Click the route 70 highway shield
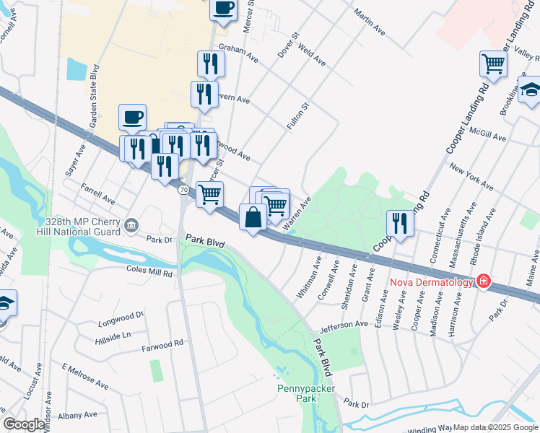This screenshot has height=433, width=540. pos(184,189)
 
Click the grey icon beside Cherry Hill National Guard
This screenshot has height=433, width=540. pos(131,226)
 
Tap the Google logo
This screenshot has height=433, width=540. pos(24,424)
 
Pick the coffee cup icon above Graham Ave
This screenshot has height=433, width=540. pos(223,8)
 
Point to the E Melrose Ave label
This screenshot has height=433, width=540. pos(85,376)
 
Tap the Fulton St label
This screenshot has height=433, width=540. pos(297,115)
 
